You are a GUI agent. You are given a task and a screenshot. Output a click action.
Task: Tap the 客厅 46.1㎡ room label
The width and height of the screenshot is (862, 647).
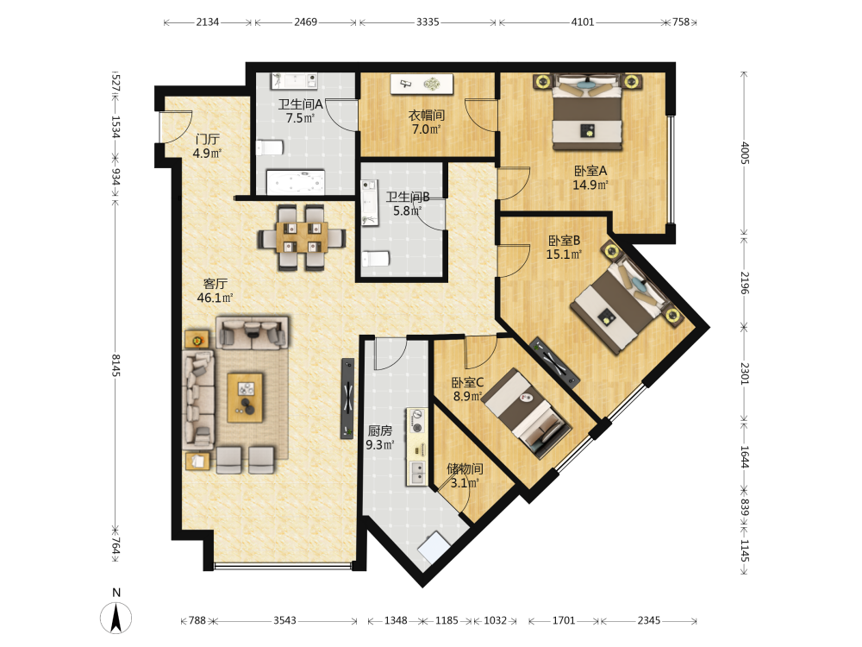pyautogui.click(x=215, y=291)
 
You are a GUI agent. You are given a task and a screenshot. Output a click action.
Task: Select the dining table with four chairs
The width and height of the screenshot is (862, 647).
pyautogui.click(x=302, y=237)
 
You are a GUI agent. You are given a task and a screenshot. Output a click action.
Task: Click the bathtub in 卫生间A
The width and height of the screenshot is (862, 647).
pyautogui.click(x=296, y=182)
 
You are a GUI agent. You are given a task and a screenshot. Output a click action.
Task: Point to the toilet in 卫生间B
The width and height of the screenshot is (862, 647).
pyautogui.click(x=376, y=259)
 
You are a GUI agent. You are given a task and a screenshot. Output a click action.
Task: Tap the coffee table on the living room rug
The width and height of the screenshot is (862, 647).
pyautogui.click(x=245, y=397)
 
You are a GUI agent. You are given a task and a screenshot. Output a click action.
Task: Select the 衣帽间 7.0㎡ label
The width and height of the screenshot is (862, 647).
pyautogui.click(x=427, y=122)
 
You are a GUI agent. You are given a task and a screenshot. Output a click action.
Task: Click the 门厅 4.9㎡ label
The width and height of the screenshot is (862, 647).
pyautogui.click(x=207, y=147)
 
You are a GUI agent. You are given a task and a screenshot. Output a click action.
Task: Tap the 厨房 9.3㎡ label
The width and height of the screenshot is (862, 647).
pyautogui.click(x=380, y=437)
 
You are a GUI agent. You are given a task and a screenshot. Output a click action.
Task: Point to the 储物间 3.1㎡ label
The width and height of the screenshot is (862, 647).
pyautogui.click(x=465, y=476)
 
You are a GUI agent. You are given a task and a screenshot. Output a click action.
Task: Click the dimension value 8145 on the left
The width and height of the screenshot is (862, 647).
pyautogui.click(x=116, y=365)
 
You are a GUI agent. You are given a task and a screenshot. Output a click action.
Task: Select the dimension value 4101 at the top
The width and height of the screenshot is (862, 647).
pyautogui.click(x=583, y=22)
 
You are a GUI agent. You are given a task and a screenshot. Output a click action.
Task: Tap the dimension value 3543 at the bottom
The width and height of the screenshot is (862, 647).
pyautogui.click(x=284, y=620)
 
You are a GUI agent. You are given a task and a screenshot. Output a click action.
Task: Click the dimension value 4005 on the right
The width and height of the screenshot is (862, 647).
pyautogui.click(x=745, y=153)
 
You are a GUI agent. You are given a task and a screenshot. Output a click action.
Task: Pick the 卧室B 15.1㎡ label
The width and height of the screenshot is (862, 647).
pyautogui.click(x=564, y=247)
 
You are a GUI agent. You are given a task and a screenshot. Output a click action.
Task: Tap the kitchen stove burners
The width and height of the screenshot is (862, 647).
pyautogui.click(x=417, y=421)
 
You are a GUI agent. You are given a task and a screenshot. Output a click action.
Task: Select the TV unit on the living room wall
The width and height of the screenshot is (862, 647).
pyautogui.click(x=347, y=399)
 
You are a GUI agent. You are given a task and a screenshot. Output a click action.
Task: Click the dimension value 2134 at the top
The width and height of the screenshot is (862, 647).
pyautogui.click(x=208, y=22)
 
